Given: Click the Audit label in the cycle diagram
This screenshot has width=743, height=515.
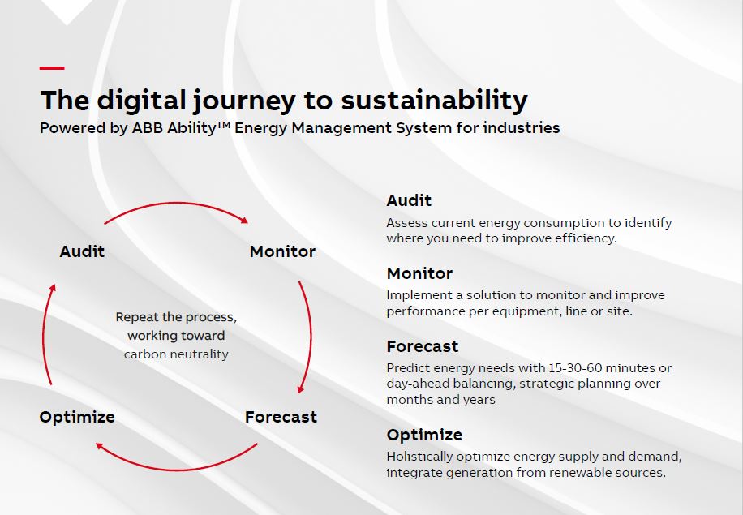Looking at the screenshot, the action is tap(82, 251).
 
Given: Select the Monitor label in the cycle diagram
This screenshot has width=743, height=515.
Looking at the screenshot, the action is tap(282, 251).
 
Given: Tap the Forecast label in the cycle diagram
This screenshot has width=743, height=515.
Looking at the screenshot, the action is tap(281, 416).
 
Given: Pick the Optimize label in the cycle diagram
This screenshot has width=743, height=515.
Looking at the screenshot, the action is tap(77, 417).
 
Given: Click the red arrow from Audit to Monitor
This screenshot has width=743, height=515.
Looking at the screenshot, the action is tap(176, 204).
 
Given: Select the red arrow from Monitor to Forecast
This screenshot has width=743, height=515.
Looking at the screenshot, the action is tap(311, 337).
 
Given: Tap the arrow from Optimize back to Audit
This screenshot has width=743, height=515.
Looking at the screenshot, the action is tap(43, 334).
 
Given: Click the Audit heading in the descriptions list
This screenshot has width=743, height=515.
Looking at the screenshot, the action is tap(409, 200).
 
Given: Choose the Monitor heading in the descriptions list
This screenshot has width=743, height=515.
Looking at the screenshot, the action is tap(419, 273).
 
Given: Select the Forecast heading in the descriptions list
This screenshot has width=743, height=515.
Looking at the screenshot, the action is tap(423, 346).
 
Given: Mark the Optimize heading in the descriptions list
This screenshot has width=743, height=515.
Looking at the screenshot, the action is tap(424, 435).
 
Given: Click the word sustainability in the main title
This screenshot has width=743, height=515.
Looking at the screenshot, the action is tap(434, 101).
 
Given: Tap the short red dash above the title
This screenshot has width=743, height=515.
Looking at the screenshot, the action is tap(52, 68).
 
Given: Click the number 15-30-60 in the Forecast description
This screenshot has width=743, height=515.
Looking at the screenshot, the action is tap(575, 368).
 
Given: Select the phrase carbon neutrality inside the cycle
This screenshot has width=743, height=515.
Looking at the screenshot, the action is tap(176, 354).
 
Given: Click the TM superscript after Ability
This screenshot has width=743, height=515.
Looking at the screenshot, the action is tap(223, 125).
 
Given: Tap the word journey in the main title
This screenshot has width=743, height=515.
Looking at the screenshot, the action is tap(244, 101).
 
